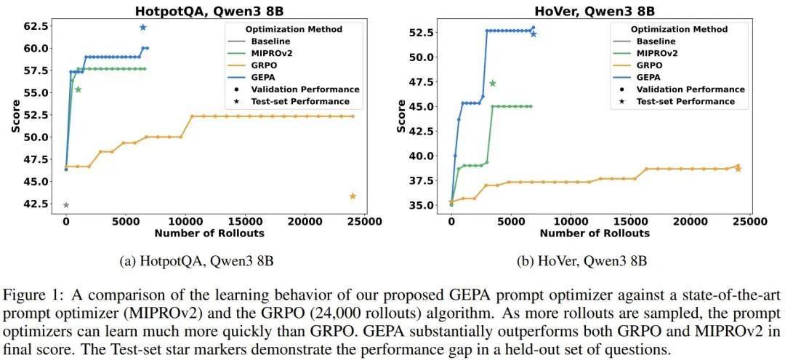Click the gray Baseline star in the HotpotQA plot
[65, 205]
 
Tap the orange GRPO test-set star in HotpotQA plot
[353, 196]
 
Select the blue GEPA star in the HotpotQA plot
[142, 28]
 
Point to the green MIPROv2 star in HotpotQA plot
[78, 89]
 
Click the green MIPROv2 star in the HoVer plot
[492, 84]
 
